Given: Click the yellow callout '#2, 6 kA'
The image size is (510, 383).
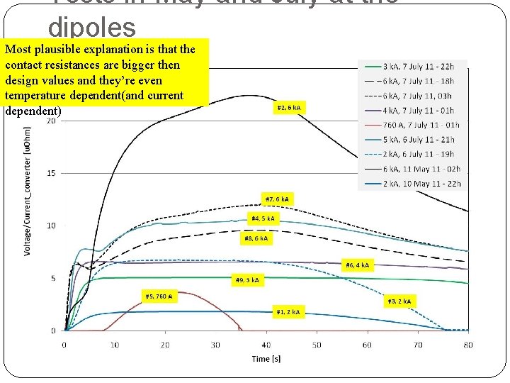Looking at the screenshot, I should [x=289, y=108].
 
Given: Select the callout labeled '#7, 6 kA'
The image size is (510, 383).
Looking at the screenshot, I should [x=277, y=199].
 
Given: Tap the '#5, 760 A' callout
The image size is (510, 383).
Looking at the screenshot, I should [x=159, y=296].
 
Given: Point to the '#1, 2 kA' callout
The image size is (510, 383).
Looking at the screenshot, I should [x=289, y=311].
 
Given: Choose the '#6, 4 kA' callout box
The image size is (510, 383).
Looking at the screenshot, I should [x=358, y=265].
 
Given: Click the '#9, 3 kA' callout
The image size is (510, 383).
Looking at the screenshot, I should [x=247, y=279].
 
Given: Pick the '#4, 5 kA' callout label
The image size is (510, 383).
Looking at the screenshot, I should [x=263, y=218].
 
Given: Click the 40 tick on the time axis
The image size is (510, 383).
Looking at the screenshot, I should [x=266, y=345].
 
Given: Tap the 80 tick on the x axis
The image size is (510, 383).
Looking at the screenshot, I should [x=467, y=345].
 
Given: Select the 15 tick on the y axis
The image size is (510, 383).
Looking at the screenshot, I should [x=52, y=173].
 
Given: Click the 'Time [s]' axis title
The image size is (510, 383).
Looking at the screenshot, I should [x=266, y=358].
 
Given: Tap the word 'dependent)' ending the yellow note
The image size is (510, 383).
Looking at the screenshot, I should [x=33, y=111].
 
